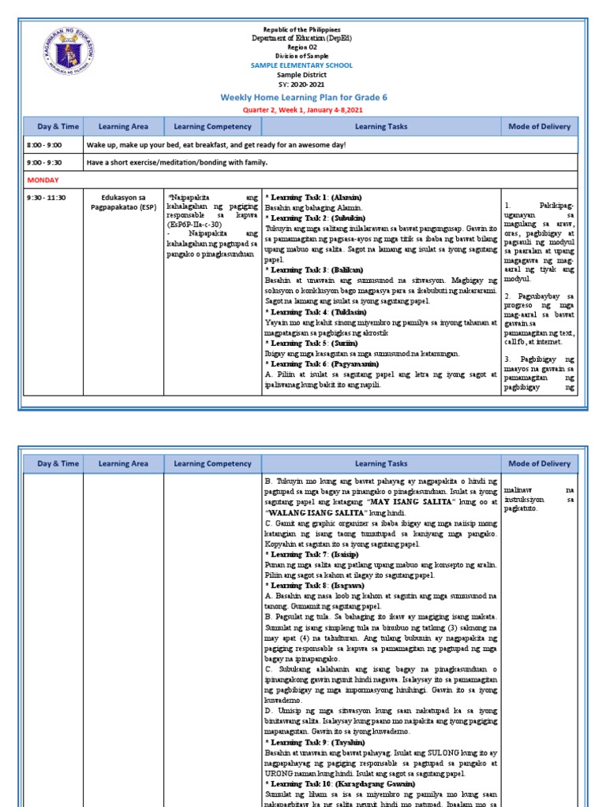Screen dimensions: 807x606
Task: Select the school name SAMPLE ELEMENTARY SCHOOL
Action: [302, 65]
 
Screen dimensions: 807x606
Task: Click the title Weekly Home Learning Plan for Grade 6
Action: [302, 97]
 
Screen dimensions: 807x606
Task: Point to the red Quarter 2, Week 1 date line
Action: [302, 110]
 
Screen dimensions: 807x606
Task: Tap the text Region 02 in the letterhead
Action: [302, 46]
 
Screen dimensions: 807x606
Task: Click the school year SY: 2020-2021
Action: [302, 84]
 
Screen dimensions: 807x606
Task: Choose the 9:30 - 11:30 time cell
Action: [47, 197]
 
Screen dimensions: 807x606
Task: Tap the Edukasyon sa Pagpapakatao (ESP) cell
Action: [125, 202]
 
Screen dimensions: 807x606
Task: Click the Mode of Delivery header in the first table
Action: [540, 126]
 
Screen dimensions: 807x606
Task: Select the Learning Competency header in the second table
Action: [212, 463]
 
